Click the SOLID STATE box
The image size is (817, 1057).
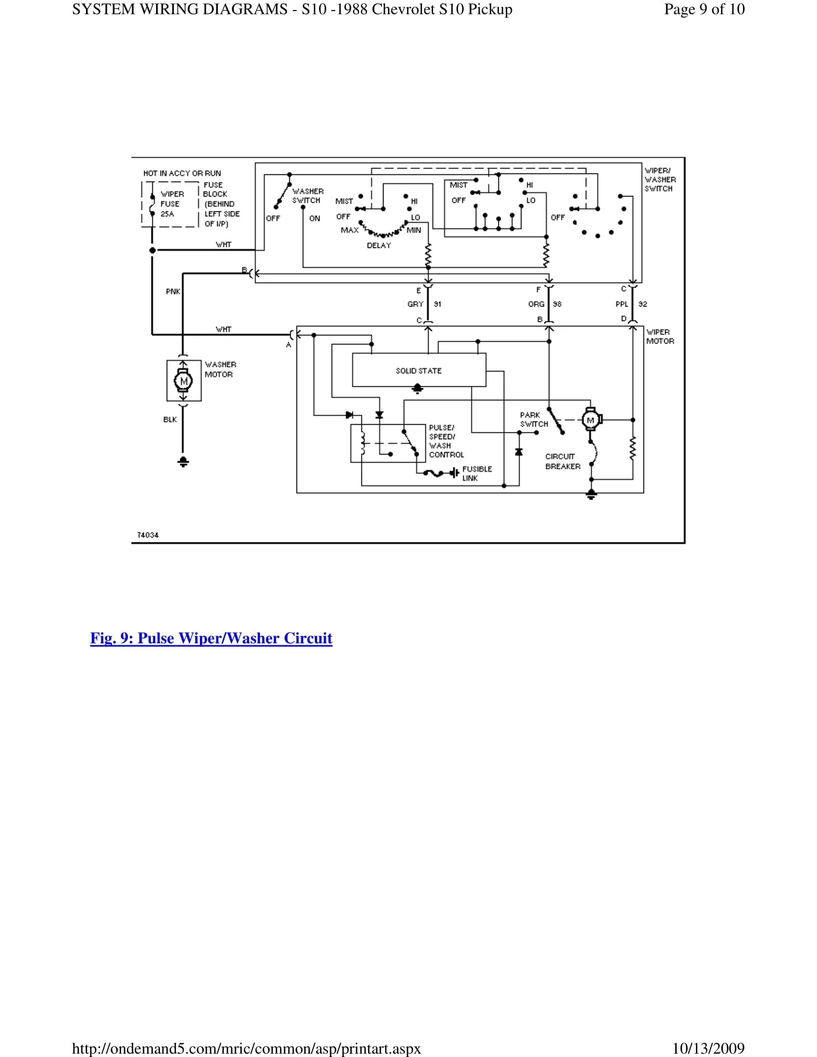[x=419, y=370]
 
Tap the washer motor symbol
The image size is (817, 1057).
[x=184, y=381]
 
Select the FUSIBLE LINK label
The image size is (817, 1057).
[x=477, y=473]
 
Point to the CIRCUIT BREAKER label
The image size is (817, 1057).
[x=562, y=461]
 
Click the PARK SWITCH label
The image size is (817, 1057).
[x=534, y=419]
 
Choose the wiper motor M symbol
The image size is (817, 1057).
[x=591, y=419]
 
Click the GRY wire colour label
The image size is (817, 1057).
[x=415, y=304]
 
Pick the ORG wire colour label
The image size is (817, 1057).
[x=536, y=304]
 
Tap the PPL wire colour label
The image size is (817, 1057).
[x=621, y=304]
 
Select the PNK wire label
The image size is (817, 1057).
[x=173, y=291]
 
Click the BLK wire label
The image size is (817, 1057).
[x=170, y=419]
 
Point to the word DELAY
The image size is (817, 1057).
[x=379, y=246]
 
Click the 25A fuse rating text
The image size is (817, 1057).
[x=167, y=213]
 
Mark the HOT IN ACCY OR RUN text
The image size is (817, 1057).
[x=182, y=173]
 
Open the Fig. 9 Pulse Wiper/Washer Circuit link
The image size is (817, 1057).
[x=211, y=638]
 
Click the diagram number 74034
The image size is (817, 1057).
[x=148, y=535]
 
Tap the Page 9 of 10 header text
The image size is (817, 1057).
[x=704, y=9]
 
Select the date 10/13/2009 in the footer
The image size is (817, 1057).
[x=708, y=1048]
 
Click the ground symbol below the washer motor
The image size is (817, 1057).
[x=183, y=461]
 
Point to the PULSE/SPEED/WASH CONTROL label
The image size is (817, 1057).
[x=446, y=441]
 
